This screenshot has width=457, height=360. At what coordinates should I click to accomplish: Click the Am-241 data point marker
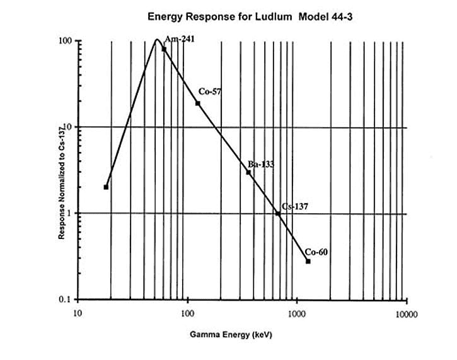coord(164,49)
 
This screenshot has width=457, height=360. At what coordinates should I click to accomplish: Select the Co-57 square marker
coord(197,103)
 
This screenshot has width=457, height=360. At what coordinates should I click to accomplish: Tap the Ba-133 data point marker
coord(248,172)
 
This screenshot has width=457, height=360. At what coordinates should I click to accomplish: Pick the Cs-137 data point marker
coord(277,214)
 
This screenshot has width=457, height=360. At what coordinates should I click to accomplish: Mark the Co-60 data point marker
coord(308,261)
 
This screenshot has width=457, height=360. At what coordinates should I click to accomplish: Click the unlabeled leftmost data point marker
coord(106,187)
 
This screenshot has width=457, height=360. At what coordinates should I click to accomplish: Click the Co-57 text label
coord(210,91)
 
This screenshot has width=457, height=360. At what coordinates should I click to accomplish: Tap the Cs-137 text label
coord(294,206)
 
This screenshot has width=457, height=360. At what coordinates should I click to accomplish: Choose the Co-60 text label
coord(316,252)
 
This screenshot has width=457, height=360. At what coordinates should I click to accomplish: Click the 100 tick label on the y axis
coord(63,40)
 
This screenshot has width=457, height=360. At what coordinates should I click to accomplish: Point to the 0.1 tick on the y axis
coord(64,299)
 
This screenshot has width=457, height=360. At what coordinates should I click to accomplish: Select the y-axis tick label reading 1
coord(68,213)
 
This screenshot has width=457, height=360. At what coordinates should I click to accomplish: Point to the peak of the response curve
coord(157,40)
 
